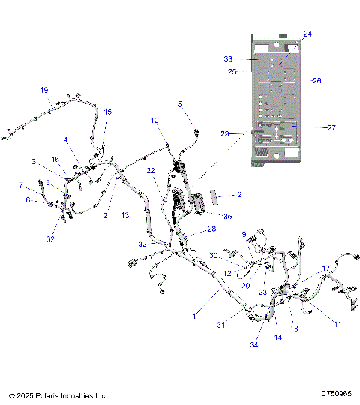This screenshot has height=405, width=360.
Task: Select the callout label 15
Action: (x=107, y=112)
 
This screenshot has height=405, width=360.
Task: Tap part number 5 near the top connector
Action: (x=179, y=103)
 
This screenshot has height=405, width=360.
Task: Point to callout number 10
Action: (x=154, y=120)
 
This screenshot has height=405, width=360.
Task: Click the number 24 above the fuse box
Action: (x=307, y=34)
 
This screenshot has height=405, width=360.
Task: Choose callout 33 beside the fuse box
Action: (x=228, y=58)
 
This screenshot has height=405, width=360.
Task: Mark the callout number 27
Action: (x=331, y=127)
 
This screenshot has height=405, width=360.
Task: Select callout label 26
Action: (x=316, y=80)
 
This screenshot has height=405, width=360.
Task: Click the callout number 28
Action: (x=211, y=229)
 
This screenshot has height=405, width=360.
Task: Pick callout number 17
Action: (x=326, y=268)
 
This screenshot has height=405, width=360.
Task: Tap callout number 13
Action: (x=125, y=215)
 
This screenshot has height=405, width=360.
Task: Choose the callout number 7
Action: (x=21, y=184)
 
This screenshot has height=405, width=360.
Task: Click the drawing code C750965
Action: (x=336, y=394)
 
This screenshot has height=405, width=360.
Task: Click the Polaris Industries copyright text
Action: (x=58, y=394)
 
